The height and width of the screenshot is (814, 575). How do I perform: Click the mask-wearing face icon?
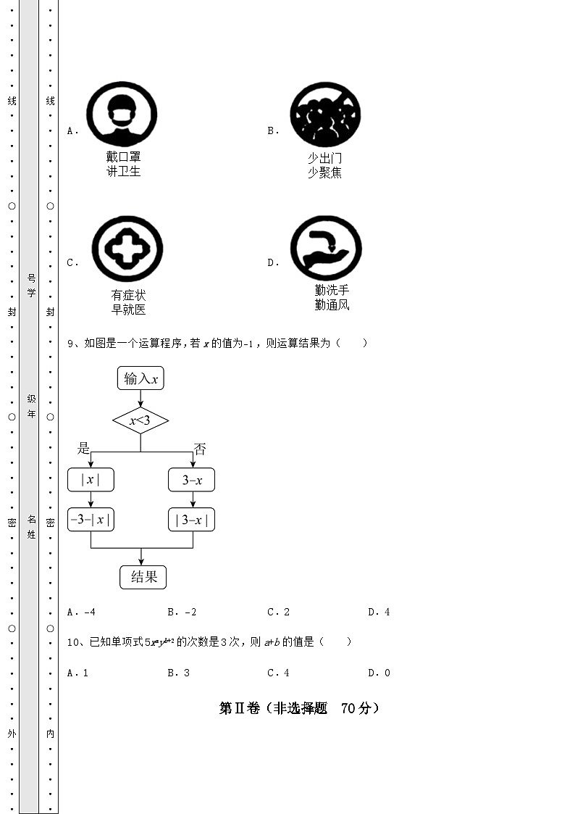click(122, 115)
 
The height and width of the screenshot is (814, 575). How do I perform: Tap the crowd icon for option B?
click(325, 115)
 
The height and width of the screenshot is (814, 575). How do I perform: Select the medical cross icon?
click(127, 248)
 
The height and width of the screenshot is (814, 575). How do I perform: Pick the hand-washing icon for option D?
click(326, 247)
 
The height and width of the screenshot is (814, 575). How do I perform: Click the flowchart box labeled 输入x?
click(140, 378)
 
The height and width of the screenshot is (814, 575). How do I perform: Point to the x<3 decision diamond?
click(140, 420)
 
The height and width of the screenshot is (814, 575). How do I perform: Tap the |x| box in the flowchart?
click(91, 480)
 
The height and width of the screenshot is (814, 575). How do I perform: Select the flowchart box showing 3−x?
click(192, 480)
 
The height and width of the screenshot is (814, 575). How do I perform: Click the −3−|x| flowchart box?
click(91, 520)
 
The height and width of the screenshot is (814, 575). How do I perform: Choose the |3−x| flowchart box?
click(192, 520)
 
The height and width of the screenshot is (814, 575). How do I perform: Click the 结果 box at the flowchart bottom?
click(143, 577)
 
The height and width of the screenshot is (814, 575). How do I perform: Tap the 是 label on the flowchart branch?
click(84, 449)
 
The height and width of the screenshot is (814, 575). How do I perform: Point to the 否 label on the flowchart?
click(200, 449)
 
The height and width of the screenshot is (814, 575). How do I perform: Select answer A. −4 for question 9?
click(81, 612)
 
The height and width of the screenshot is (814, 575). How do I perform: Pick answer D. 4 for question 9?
click(379, 612)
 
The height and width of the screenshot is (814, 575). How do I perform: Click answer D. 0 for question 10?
click(379, 673)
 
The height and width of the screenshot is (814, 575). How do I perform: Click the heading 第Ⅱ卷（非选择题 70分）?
click(299, 708)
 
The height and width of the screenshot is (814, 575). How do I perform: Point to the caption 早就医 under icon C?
click(128, 310)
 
